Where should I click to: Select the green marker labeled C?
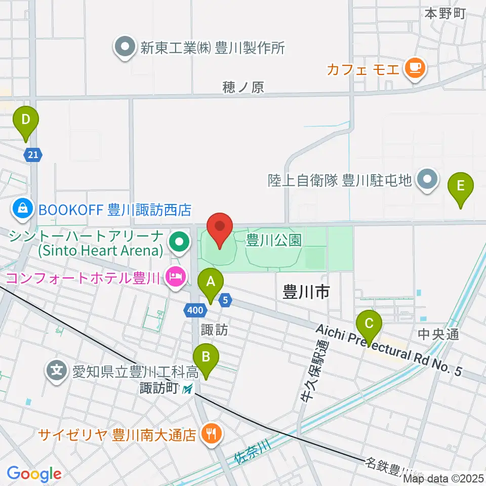369,325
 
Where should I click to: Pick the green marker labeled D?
26,121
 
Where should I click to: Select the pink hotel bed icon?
175,276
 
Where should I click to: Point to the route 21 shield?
32,155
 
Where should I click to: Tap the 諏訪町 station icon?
188,389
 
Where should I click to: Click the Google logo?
34,474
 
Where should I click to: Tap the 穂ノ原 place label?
244,87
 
